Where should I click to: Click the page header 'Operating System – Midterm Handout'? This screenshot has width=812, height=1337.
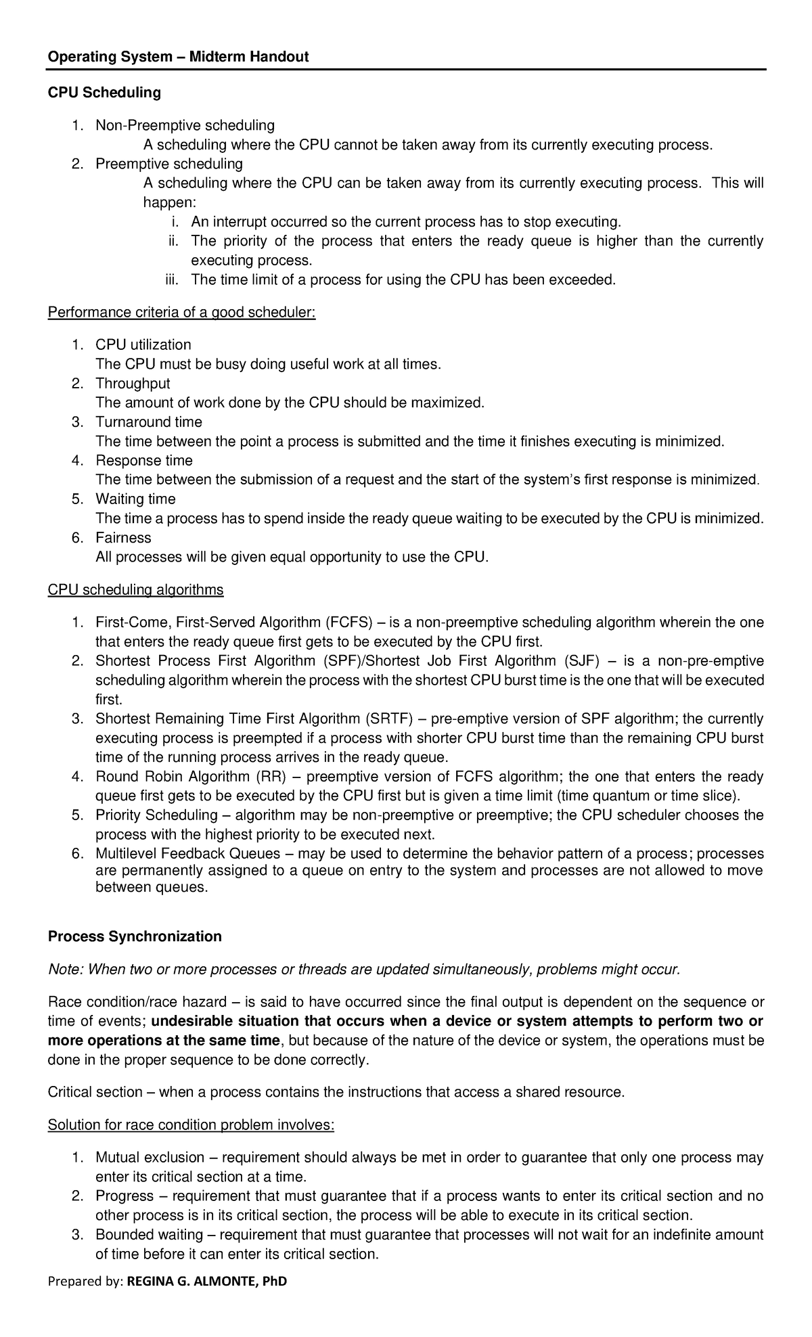tap(177, 58)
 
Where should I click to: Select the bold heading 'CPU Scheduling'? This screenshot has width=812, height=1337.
tap(104, 93)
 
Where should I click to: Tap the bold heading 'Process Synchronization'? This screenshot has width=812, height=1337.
tap(135, 936)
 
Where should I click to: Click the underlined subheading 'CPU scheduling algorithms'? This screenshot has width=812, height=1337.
tap(135, 590)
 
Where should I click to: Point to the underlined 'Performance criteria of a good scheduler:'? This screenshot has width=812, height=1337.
tap(181, 313)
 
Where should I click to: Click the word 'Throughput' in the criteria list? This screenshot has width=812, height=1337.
tap(133, 384)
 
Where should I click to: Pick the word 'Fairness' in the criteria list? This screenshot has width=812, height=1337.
tap(123, 538)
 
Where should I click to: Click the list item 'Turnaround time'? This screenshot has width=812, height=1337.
tap(149, 422)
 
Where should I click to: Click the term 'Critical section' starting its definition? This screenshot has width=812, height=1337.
tap(95, 1092)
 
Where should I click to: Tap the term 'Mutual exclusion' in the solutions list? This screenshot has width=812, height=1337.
tap(150, 1158)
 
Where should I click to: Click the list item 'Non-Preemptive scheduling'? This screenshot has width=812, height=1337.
tap(185, 125)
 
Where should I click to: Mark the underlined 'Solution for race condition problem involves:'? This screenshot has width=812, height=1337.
tap(191, 1125)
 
